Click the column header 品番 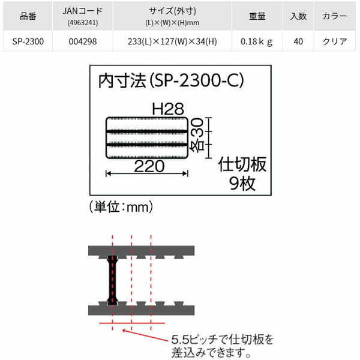28,17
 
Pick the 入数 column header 298,17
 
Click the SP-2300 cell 28,43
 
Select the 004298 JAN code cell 83,43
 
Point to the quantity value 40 298,43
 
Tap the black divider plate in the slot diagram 112,280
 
